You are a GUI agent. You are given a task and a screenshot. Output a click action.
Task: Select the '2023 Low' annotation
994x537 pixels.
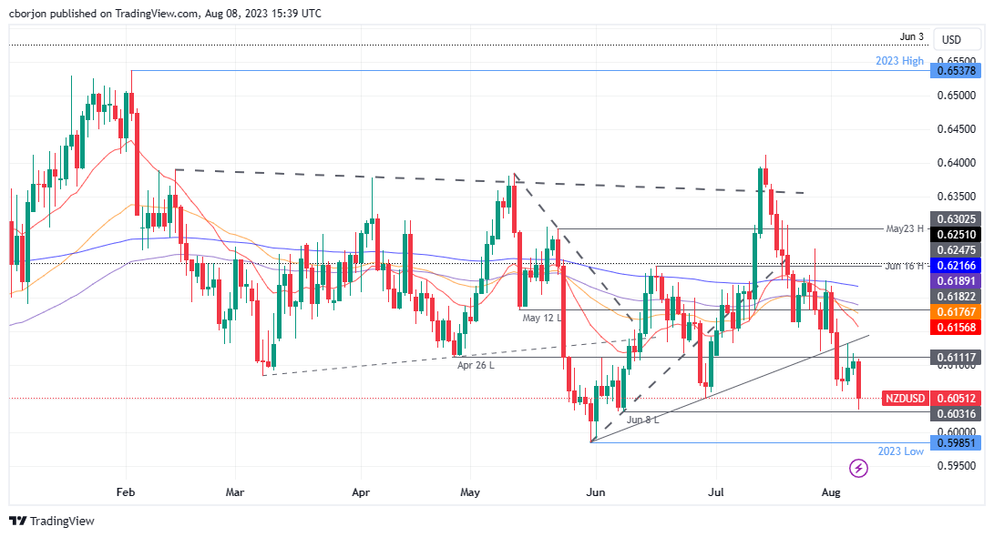coord(901,451)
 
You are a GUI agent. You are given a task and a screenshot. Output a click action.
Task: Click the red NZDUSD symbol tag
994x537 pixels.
coord(907,399)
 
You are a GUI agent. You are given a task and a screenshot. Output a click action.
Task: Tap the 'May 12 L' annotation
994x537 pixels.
coord(544,318)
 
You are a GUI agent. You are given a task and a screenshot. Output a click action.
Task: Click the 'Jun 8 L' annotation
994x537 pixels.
coord(642,420)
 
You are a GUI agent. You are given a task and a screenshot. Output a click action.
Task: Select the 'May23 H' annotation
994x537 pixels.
coord(906,228)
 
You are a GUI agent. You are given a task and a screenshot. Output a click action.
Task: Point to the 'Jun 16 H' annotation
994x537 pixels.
coord(906,265)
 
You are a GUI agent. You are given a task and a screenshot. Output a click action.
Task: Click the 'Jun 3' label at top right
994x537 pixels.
coord(911,37)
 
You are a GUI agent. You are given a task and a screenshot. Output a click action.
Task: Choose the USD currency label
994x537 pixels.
coord(951,40)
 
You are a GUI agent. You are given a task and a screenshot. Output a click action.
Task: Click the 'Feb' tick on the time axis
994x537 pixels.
coord(126,491)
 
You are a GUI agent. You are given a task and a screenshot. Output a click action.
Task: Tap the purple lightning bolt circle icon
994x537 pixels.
coord(858,469)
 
